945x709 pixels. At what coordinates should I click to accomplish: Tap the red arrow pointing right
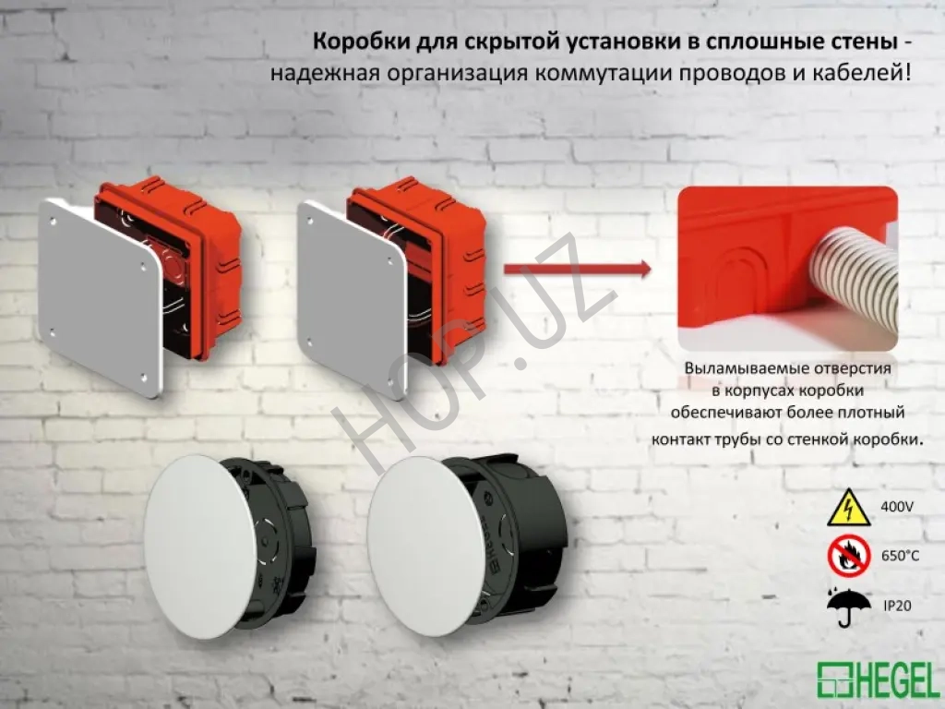click(x=578, y=269)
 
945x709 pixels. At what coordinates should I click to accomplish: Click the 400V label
click(x=897, y=507)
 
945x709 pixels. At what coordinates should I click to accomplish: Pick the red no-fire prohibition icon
click(x=849, y=557)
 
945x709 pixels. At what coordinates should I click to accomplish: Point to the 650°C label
click(x=901, y=556)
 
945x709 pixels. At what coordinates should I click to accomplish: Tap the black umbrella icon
click(x=849, y=606)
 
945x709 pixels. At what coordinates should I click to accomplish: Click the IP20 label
click(x=897, y=606)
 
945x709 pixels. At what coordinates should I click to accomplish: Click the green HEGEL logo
click(x=879, y=679)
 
